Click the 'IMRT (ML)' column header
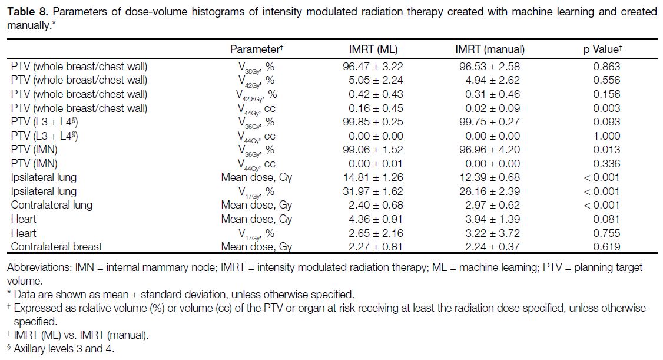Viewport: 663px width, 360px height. pyautogui.click(x=373, y=49)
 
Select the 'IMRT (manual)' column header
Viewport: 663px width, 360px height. pyautogui.click(x=490, y=49)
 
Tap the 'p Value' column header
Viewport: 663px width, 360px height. pyautogui.click(x=603, y=49)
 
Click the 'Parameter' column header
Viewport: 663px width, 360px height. pyautogui.click(x=256, y=49)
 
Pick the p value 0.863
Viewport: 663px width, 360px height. pyautogui.click(x=606, y=67)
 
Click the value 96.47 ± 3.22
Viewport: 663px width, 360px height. pyautogui.click(x=373, y=67)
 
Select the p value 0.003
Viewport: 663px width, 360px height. pyautogui.click(x=606, y=108)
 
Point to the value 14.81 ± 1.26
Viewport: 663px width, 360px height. pyautogui.click(x=373, y=177)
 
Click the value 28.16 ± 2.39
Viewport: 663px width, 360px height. pyautogui.click(x=490, y=191)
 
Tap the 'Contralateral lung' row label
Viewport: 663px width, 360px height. pyautogui.click(x=52, y=205)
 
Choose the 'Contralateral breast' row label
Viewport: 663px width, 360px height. pyautogui.click(x=57, y=247)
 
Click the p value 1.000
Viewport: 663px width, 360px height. pyautogui.click(x=606, y=136)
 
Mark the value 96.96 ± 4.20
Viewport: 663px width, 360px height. pyautogui.click(x=490, y=150)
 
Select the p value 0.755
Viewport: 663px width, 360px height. pyautogui.click(x=606, y=233)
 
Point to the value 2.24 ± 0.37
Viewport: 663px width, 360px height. pyautogui.click(x=492, y=247)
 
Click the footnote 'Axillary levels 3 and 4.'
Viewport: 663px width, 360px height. pyautogui.click(x=64, y=349)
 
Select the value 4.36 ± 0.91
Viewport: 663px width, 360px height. pyautogui.click(x=376, y=219)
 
